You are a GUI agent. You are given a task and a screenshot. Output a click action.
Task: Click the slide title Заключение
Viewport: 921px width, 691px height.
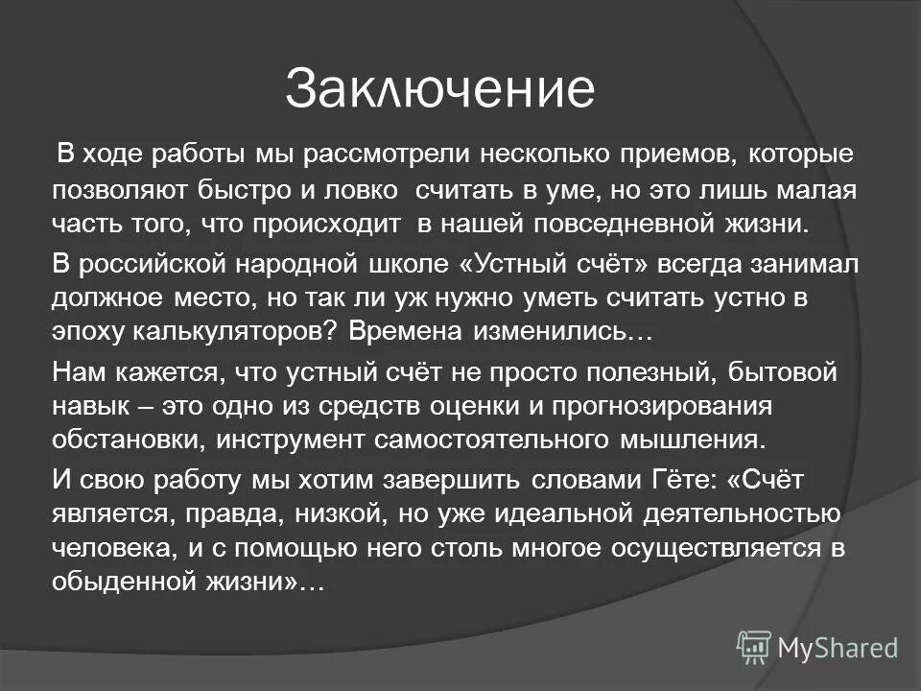pyautogui.click(x=439, y=89)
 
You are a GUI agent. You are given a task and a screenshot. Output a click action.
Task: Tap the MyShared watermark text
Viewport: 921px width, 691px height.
pyautogui.click(x=837, y=648)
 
